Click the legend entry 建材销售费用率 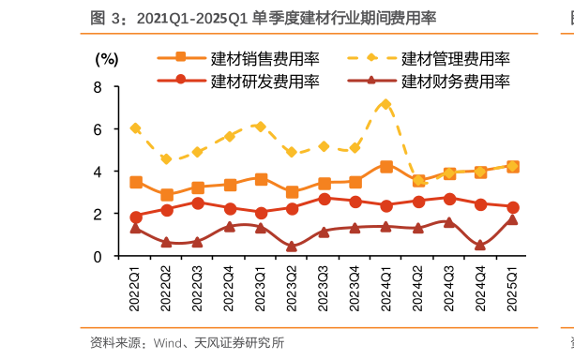click(x=265, y=59)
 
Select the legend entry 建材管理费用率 click(x=455, y=59)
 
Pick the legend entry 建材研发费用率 click(x=265, y=81)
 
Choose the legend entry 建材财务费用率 click(x=455, y=81)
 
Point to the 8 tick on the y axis click(x=99, y=87)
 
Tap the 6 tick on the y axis click(x=99, y=129)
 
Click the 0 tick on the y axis click(x=99, y=256)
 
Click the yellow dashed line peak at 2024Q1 click(x=386, y=105)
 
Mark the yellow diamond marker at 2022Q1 click(x=136, y=128)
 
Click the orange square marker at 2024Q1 click(x=386, y=167)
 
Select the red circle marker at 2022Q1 click(x=136, y=217)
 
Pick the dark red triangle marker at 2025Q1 click(x=512, y=219)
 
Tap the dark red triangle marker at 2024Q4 click(x=481, y=245)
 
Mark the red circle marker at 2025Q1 click(x=512, y=207)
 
